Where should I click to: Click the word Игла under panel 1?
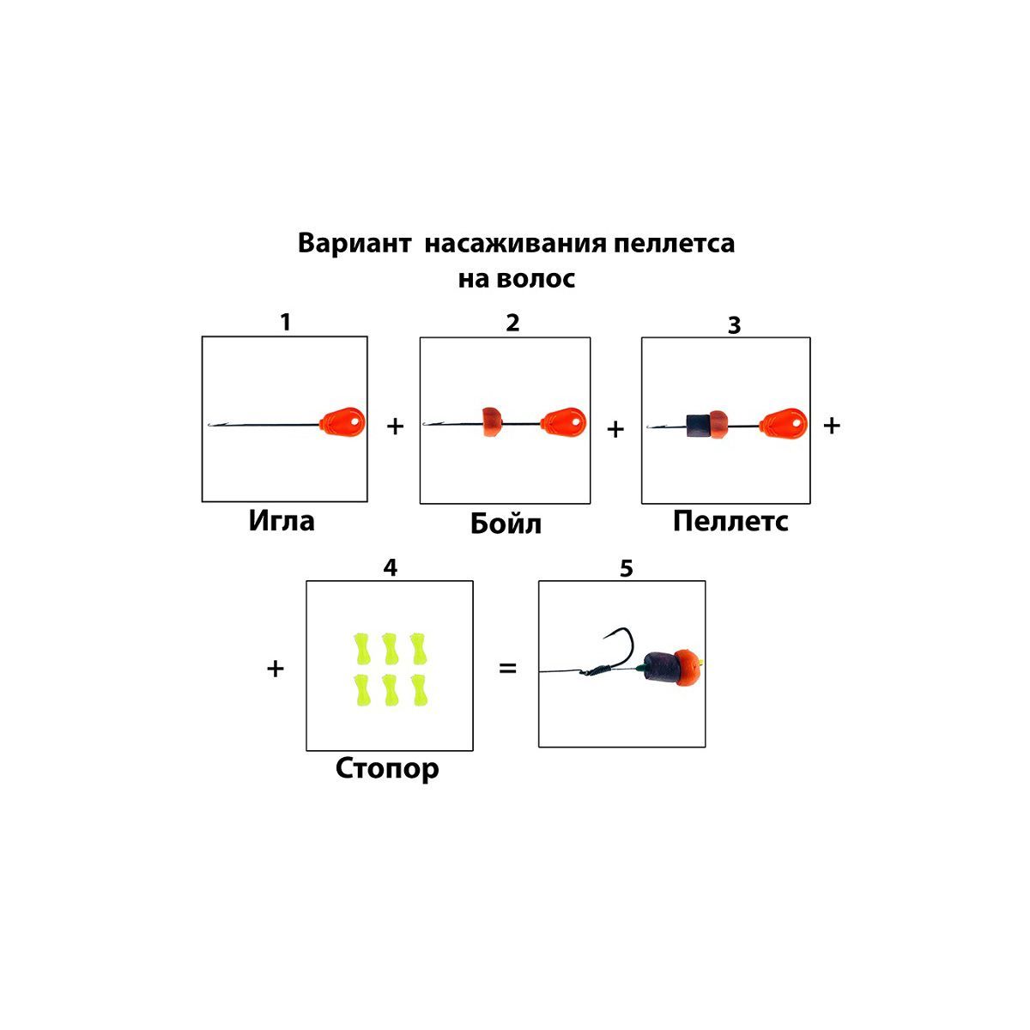pos(282,521)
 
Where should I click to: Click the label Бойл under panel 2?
pos(506,524)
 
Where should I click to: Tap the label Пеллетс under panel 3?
pos(730,521)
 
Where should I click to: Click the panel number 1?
pos(285,322)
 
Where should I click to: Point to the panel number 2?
pos(512,323)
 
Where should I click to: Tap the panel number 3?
pos(734,325)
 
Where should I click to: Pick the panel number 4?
pos(391,568)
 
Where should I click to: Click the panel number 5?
pos(626,568)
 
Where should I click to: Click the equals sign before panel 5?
pos(508,667)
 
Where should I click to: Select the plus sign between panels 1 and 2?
pos(395,426)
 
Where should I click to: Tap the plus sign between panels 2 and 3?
pos(615,428)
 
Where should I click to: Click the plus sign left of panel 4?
pos(275,668)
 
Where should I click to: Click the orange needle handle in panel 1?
pos(342,421)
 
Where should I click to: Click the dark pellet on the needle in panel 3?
pos(697,423)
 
